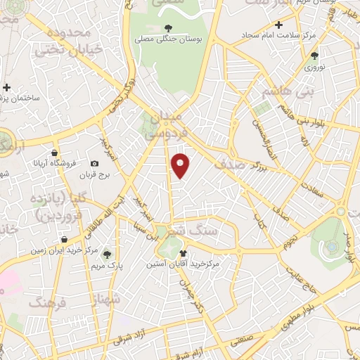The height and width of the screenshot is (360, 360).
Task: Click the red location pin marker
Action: point(181,165)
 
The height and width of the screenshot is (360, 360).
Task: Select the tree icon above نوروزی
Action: point(314,56)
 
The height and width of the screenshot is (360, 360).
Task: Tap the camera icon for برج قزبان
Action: point(94,163)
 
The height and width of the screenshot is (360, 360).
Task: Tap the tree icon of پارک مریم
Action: point(107,255)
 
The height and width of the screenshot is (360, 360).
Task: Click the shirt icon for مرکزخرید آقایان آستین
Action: point(184,253)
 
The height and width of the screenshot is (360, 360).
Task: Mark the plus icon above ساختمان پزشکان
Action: point(7,88)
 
